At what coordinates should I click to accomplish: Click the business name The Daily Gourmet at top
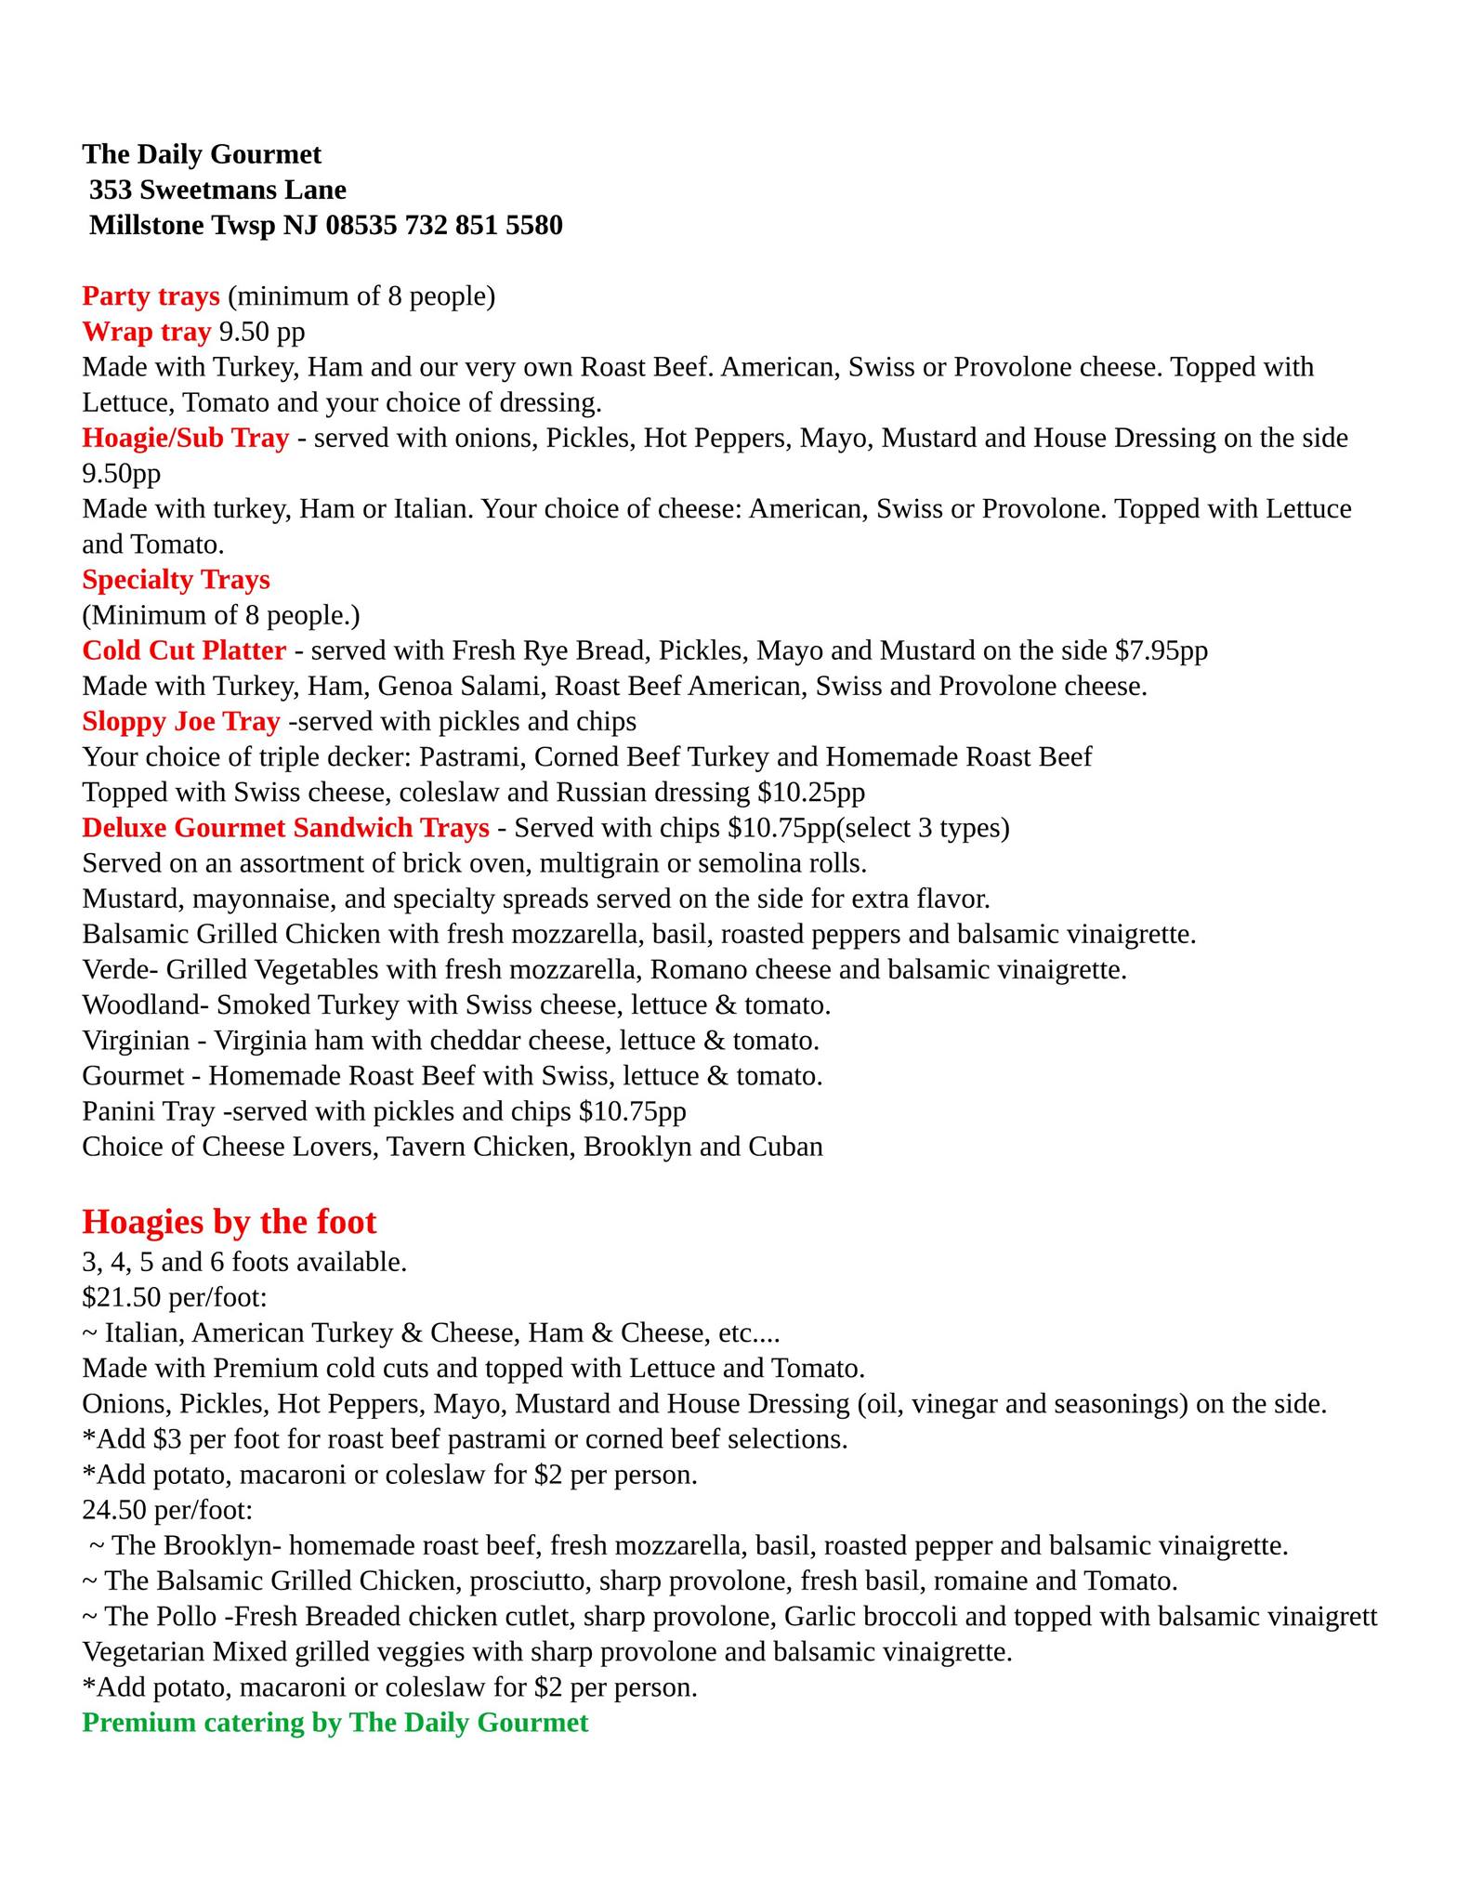pyautogui.click(x=202, y=153)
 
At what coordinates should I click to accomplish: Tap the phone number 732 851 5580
pyautogui.click(x=483, y=225)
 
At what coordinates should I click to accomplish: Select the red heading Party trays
pyautogui.click(x=151, y=296)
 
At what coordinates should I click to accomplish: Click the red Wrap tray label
pyautogui.click(x=146, y=332)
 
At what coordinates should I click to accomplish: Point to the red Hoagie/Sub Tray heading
pyautogui.click(x=185, y=438)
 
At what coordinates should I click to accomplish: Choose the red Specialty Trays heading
pyautogui.click(x=176, y=580)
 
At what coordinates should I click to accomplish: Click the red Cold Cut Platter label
pyautogui.click(x=184, y=650)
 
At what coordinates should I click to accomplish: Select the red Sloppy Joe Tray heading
pyautogui.click(x=180, y=721)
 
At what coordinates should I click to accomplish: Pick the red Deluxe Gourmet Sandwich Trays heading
pyautogui.click(x=285, y=827)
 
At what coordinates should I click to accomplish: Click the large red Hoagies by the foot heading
pyautogui.click(x=230, y=1221)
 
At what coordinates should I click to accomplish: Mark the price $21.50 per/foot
pyautogui.click(x=175, y=1298)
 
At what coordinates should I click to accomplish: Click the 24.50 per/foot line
pyautogui.click(x=167, y=1510)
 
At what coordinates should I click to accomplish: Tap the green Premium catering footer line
pyautogui.click(x=335, y=1723)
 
